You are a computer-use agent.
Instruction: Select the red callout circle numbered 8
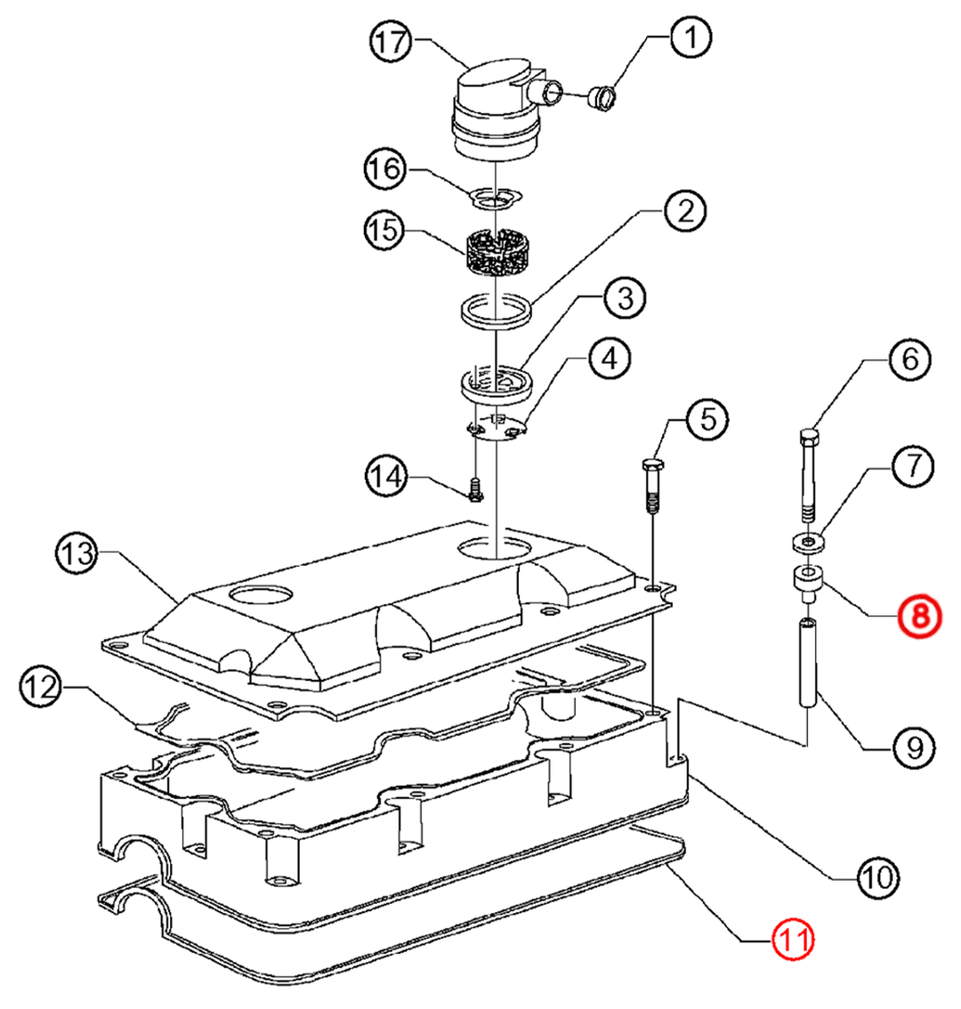(x=918, y=615)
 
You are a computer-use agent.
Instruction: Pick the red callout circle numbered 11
(x=794, y=939)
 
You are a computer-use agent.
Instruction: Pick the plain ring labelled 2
(x=497, y=312)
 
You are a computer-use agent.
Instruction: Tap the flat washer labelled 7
(x=805, y=541)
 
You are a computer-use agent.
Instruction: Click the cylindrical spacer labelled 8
(x=805, y=585)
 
